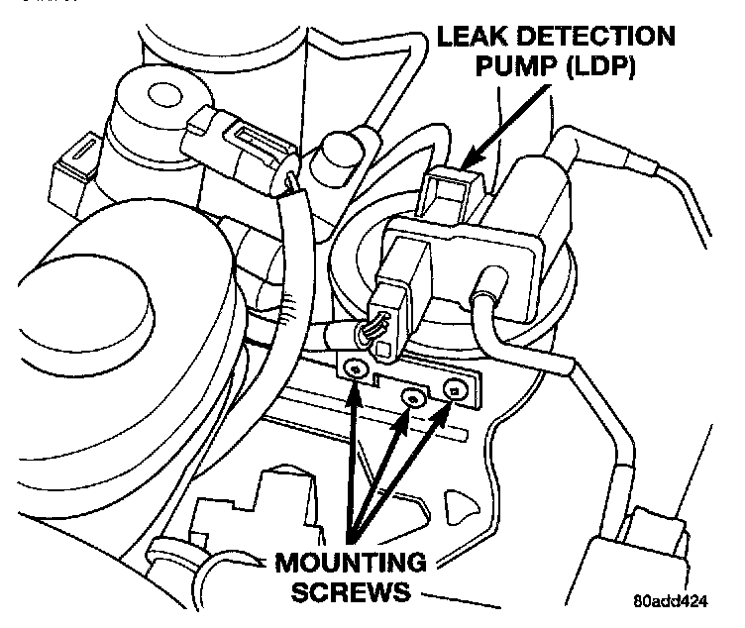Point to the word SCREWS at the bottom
342,594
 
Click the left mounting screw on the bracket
354,369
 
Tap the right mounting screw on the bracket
455,390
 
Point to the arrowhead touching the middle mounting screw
403,414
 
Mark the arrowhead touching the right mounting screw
449,406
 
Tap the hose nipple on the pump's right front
488,298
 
